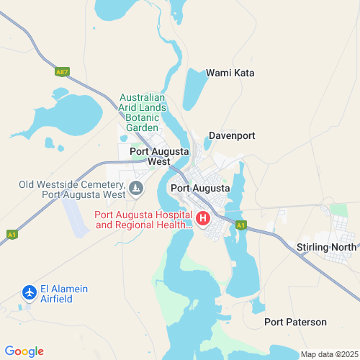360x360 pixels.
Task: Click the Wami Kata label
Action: (x=230, y=73)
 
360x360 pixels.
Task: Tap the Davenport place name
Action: (x=232, y=135)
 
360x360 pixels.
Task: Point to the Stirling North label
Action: (x=326, y=247)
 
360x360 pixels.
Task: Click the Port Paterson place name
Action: (x=295, y=322)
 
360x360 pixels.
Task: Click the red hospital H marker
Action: (x=204, y=217)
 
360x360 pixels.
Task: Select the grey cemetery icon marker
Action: (x=136, y=189)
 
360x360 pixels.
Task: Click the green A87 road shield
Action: (x=62, y=71)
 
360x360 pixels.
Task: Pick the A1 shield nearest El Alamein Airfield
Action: (x=12, y=235)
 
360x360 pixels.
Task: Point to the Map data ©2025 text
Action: (x=328, y=354)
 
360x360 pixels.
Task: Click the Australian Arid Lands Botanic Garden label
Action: (x=143, y=112)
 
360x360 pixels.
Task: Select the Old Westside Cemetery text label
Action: (x=72, y=189)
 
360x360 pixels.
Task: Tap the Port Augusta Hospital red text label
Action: (x=144, y=220)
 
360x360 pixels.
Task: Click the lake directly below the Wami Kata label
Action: (x=194, y=90)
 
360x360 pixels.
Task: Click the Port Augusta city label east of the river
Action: (x=201, y=189)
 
